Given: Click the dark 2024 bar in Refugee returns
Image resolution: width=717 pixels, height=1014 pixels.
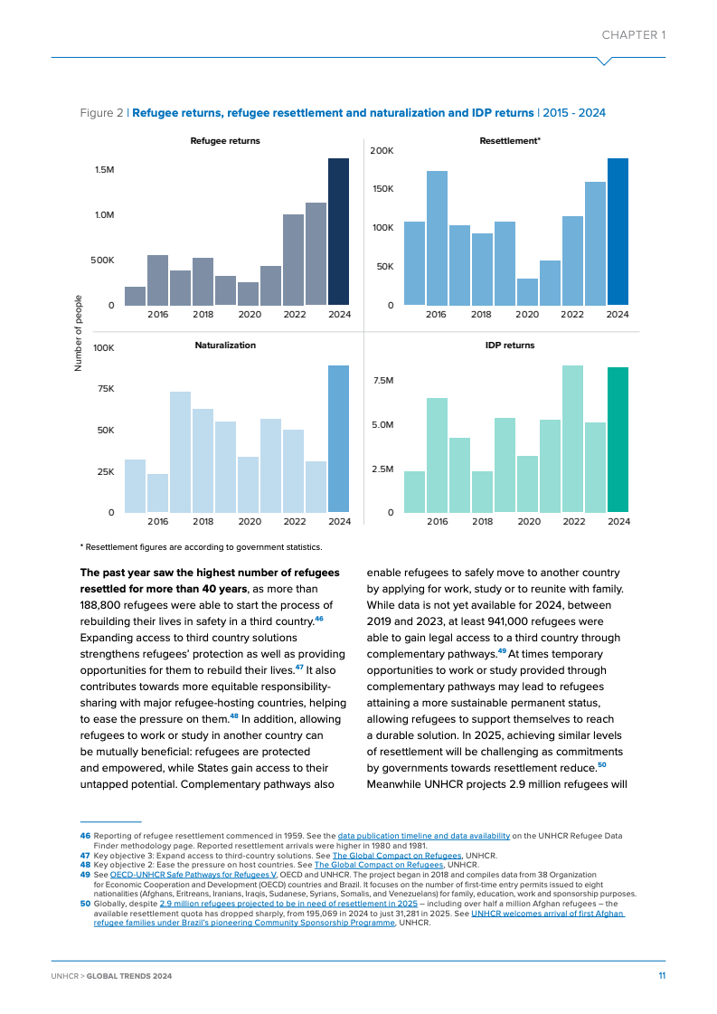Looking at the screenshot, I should tap(338, 232).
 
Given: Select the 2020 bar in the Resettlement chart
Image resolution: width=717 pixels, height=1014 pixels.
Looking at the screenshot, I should tap(527, 291).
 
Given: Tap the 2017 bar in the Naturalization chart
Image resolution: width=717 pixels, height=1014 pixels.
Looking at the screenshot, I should tap(180, 452).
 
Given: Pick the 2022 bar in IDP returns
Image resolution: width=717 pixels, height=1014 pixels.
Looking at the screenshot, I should tap(572, 439).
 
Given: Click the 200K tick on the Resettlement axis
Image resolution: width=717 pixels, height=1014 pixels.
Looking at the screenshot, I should tap(382, 150).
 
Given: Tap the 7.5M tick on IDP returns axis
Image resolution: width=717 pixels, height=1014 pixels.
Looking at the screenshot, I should tap(383, 381).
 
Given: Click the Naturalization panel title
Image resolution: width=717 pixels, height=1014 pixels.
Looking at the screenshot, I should tap(225, 346).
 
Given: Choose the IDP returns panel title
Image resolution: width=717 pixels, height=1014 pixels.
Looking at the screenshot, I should tap(509, 346).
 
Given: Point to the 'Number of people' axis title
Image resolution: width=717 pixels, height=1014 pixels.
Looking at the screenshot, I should tap(79, 333).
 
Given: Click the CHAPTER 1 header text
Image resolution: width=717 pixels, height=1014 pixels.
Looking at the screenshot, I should tap(634, 35).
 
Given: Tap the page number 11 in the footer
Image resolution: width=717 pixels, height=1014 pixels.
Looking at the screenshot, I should tap(662, 977).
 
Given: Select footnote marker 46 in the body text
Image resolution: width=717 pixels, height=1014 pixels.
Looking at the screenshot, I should tap(319, 619).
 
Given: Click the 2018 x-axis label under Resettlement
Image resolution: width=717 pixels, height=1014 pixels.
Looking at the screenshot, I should tap(481, 315).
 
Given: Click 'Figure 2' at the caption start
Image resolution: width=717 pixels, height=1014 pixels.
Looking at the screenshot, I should tap(102, 113).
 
